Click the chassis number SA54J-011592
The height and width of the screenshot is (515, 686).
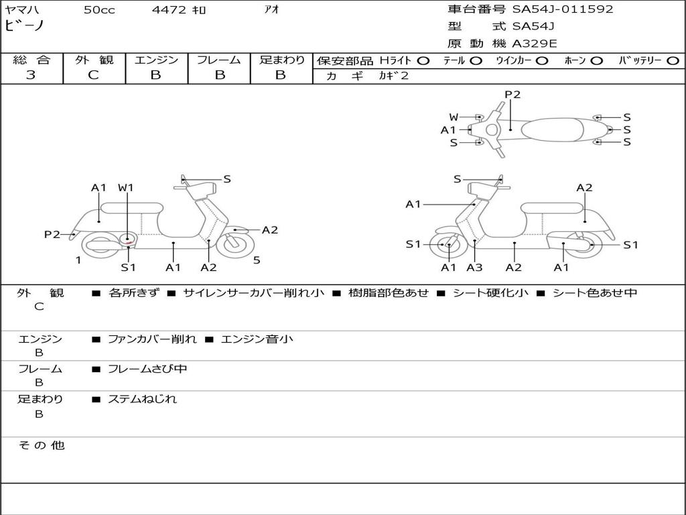[x=563, y=9]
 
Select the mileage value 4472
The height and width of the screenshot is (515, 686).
[x=169, y=9]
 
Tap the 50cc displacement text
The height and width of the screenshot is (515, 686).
[x=99, y=9]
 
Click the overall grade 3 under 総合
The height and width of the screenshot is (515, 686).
[x=31, y=75]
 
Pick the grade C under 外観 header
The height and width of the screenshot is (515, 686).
[x=94, y=75]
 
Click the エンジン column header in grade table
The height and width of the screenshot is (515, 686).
[x=156, y=60]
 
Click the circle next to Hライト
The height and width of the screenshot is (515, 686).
[x=423, y=61]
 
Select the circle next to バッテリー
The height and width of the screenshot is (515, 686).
[x=673, y=61]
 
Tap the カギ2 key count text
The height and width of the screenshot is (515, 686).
[x=393, y=76]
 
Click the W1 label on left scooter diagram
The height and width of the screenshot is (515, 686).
[x=125, y=188]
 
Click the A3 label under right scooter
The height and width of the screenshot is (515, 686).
[x=474, y=267]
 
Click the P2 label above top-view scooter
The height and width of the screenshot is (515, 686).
[x=512, y=95]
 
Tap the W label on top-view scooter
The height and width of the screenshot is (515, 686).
[x=454, y=117]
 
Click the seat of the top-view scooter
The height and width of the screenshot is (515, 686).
[x=552, y=129]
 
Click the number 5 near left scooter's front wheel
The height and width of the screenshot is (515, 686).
[x=257, y=260]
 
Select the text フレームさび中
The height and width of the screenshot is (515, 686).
[x=147, y=369]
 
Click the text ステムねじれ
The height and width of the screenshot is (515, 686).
[x=142, y=400]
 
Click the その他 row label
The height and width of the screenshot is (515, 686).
[x=42, y=445]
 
